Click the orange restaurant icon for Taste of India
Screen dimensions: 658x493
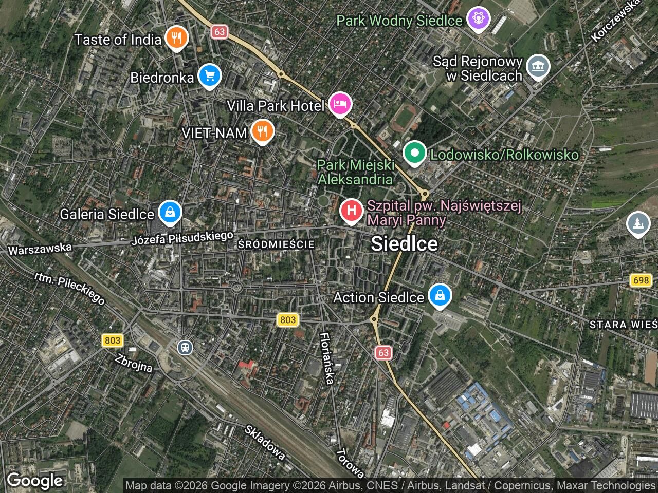pyautogui.click(x=176, y=38)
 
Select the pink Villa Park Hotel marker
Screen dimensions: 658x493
pyautogui.click(x=340, y=104)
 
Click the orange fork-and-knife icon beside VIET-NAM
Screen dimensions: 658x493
pyautogui.click(x=262, y=131)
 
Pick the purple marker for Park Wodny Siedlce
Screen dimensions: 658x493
pyautogui.click(x=479, y=20)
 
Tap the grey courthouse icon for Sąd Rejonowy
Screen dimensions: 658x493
pyautogui.click(x=538, y=67)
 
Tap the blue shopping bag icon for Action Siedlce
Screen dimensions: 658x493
pyautogui.click(x=440, y=296)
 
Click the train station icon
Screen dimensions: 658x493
pyautogui.click(x=185, y=347)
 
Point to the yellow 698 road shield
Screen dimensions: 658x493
pyautogui.click(x=641, y=280)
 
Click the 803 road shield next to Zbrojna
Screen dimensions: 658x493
pyautogui.click(x=112, y=340)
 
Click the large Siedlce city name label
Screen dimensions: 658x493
pyautogui.click(x=404, y=243)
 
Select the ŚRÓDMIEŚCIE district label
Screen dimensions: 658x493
pyautogui.click(x=276, y=245)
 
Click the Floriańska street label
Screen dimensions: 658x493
pyautogui.click(x=327, y=358)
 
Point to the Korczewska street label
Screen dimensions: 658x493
pyautogui.click(x=616, y=21)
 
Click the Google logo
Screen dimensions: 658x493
pyautogui.click(x=34, y=481)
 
